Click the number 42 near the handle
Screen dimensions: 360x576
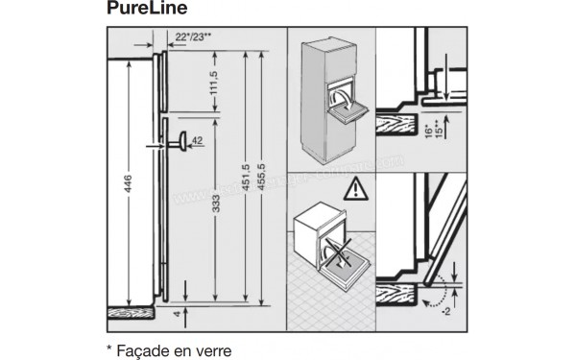point(197,141)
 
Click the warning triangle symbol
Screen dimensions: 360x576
point(357,187)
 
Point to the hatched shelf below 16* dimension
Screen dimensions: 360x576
point(399,123)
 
